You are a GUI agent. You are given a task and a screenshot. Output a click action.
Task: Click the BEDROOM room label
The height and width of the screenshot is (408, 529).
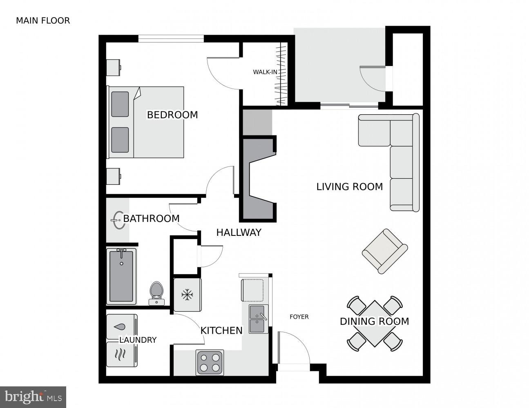pos(172,115)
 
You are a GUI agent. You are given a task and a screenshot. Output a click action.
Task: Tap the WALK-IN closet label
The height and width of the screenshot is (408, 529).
pos(265,72)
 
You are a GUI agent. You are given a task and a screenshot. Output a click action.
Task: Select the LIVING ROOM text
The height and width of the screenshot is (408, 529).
pos(350,187)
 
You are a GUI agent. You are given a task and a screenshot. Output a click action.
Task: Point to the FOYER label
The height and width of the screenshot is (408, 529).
pos(299,317)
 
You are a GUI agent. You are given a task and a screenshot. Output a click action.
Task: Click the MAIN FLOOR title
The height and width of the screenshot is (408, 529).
pos(43,21)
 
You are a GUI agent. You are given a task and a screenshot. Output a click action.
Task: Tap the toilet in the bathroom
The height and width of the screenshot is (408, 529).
pos(156,293)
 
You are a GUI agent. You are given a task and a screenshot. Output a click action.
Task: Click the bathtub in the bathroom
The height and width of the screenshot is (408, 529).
pos(121,276)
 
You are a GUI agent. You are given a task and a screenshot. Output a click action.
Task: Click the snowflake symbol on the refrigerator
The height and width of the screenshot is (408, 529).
pos(187,295)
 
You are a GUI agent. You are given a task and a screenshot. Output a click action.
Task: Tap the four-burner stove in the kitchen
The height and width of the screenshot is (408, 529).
pos(210,362)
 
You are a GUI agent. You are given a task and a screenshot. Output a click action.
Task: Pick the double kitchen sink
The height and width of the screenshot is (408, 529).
pos(258,319)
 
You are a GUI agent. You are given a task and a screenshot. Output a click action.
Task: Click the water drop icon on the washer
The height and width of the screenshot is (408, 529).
pos(120,327)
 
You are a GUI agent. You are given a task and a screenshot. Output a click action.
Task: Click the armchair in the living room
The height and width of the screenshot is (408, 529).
pos(385,251)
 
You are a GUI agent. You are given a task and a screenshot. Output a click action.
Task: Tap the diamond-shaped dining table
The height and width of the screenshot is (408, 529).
pos(375,324)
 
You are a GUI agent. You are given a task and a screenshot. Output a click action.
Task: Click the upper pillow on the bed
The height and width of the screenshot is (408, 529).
pos(120,104)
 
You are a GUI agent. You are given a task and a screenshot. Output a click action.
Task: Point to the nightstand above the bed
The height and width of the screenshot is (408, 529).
pos(114,68)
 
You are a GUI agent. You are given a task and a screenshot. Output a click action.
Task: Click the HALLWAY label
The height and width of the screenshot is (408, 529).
pos(239,233)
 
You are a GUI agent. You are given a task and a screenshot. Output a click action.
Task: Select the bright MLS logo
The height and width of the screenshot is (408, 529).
pos(33,397)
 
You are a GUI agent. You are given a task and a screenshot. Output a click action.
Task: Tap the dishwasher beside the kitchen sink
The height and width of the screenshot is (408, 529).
pos(252,290)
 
